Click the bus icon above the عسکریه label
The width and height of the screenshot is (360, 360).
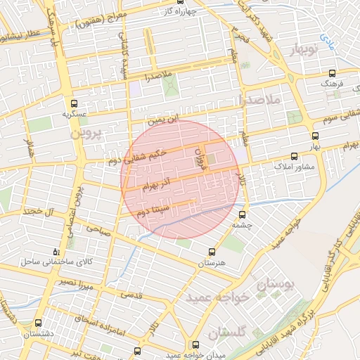[73, 103]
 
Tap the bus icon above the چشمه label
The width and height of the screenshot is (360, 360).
[243, 214]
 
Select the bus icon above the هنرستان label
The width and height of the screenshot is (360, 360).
[212, 251]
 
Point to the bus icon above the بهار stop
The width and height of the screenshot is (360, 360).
[314, 136]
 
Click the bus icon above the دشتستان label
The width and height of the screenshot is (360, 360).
[37, 324]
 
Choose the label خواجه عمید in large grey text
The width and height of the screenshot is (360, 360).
[217, 298]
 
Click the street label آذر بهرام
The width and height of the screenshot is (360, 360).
[157, 186]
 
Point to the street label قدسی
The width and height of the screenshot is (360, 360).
[132, 296]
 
